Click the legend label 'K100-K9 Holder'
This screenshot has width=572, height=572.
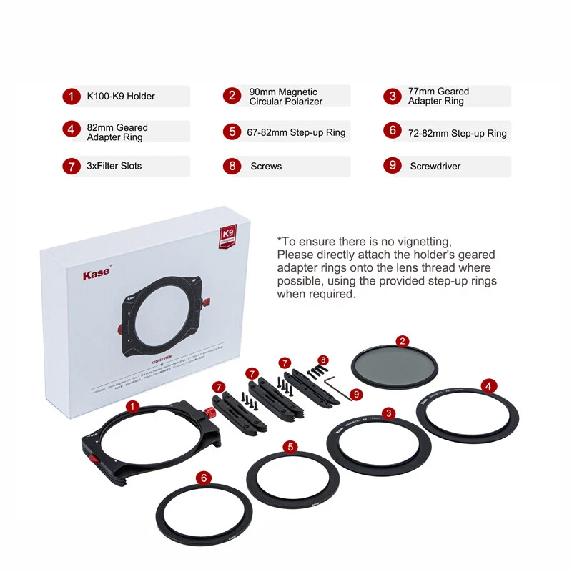[x=121, y=96]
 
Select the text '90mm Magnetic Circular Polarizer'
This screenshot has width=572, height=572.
[x=285, y=97]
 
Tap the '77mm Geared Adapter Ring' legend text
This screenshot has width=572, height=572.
[x=438, y=96]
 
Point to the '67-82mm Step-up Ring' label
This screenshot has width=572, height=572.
[x=297, y=132]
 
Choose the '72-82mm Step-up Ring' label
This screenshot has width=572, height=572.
[x=457, y=133]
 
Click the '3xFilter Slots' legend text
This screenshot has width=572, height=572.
[x=114, y=166]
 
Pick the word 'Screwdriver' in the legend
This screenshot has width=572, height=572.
[x=435, y=167]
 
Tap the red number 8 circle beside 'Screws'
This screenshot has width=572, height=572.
[x=232, y=167]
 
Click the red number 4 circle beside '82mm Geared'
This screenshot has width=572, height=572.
[x=71, y=129]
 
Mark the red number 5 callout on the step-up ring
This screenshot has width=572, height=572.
[x=290, y=447]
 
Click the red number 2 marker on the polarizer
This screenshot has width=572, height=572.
[x=403, y=341]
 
